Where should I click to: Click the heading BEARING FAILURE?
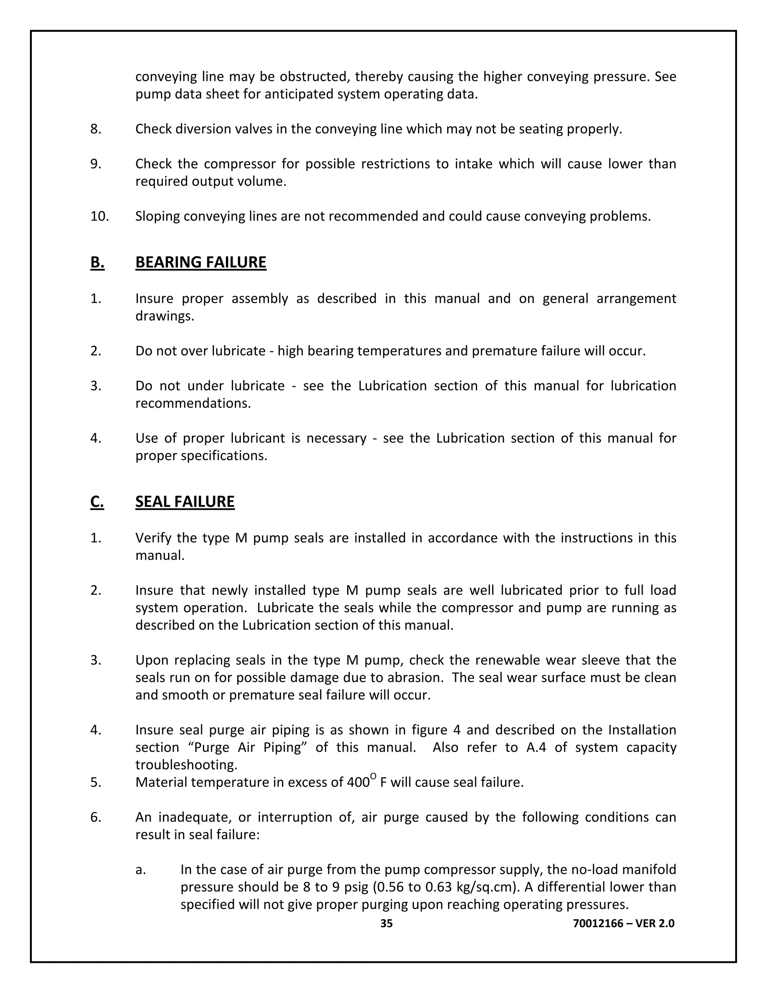click(x=200, y=263)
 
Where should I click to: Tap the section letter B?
click(x=97, y=263)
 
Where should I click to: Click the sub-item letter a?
click(x=140, y=870)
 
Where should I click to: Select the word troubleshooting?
click(x=186, y=765)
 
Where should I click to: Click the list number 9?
click(x=96, y=164)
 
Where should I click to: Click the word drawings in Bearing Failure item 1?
click(x=164, y=316)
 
